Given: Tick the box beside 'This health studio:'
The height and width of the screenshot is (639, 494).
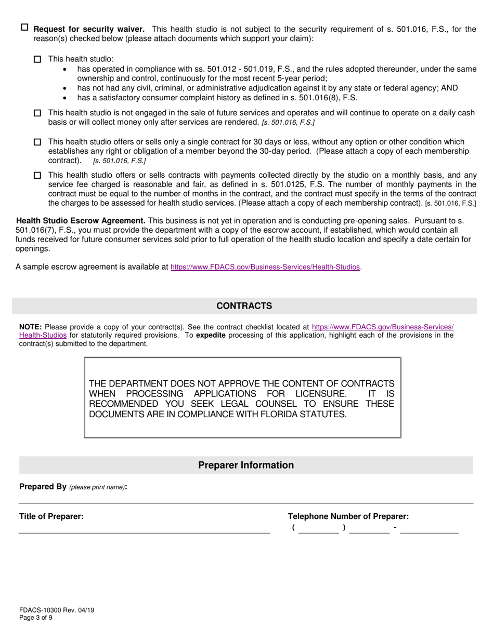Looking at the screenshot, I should [x=37, y=60].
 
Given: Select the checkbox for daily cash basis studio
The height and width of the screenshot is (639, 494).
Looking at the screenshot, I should [x=37, y=113].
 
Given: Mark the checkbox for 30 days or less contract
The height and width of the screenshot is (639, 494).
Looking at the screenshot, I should [x=37, y=142].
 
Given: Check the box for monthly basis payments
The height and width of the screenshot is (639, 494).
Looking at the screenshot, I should [x=37, y=176].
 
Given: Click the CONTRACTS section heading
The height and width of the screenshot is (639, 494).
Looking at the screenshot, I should [x=244, y=306].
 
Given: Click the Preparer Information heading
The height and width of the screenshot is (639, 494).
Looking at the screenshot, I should [x=245, y=465].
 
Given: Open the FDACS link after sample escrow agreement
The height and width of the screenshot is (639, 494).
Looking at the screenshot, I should [x=265, y=267].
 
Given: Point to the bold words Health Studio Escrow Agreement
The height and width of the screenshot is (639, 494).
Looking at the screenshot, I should [x=81, y=220].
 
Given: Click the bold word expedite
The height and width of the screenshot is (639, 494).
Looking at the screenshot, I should [x=211, y=336].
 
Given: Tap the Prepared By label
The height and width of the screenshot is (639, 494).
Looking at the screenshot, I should [x=43, y=487].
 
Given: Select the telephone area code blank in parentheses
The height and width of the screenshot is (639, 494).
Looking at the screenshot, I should [x=319, y=528].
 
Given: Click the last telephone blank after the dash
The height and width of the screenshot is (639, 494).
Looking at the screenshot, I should [x=429, y=528].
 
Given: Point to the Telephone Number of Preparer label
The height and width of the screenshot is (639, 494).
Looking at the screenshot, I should [x=348, y=516].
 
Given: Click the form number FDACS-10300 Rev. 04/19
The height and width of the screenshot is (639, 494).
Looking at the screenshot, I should [x=56, y=610].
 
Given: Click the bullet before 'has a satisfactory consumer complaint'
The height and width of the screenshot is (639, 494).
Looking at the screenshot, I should [x=64, y=98].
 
